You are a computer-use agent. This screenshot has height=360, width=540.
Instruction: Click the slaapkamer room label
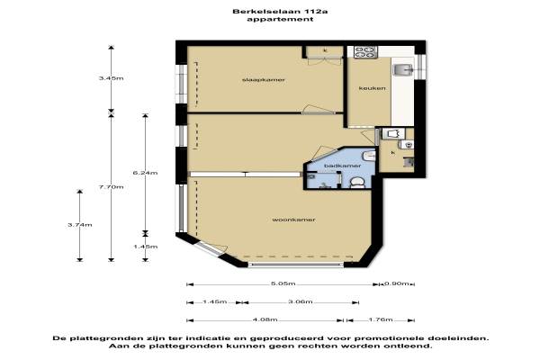(x=264, y=80)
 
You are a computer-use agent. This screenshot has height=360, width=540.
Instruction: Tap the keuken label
(x=372, y=88)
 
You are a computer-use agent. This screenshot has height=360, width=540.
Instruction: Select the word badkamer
(x=337, y=166)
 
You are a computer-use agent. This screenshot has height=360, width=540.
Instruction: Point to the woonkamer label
(x=293, y=220)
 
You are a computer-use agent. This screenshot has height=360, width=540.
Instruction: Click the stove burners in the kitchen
(x=365, y=51)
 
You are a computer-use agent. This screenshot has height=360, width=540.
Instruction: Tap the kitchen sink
(x=402, y=69)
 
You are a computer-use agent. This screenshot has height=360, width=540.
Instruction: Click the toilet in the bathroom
(x=356, y=182)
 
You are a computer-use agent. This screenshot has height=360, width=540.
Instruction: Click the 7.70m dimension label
(x=111, y=186)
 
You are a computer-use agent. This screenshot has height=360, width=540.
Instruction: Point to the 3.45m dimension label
(x=111, y=78)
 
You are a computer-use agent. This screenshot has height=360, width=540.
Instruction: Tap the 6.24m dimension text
(x=145, y=173)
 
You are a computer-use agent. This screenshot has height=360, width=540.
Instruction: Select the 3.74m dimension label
(x=80, y=225)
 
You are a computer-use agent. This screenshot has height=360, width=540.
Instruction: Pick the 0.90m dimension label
(x=396, y=283)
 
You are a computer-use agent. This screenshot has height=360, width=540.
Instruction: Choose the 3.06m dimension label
(x=301, y=301)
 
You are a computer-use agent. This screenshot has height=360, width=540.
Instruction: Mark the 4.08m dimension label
(x=265, y=319)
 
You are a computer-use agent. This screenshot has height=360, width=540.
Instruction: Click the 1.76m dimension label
(x=381, y=319)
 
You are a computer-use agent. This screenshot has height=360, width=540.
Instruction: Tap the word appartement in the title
(x=280, y=19)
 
